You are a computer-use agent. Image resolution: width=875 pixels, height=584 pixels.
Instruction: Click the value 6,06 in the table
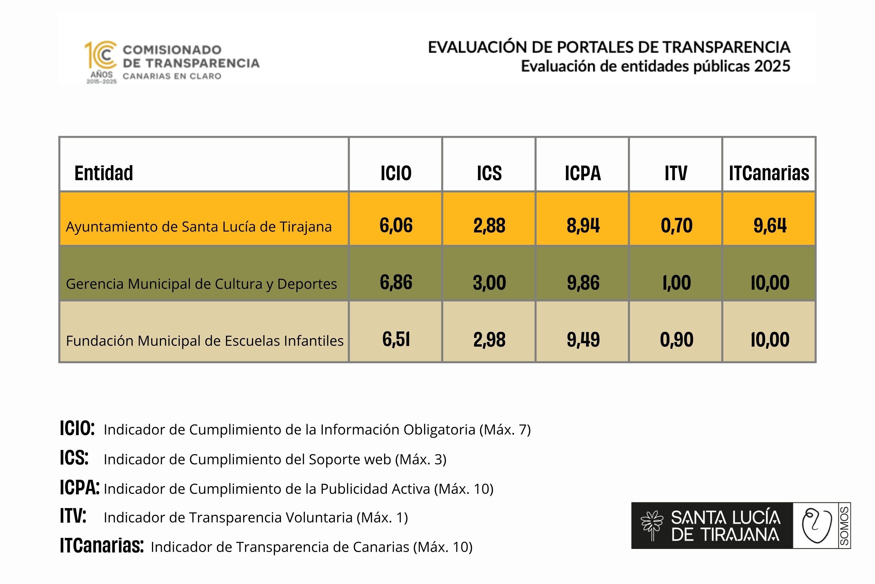[x=396, y=225]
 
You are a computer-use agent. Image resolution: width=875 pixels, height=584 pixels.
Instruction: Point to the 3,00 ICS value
[x=489, y=283]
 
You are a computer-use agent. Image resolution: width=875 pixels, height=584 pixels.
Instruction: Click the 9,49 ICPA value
[x=583, y=340]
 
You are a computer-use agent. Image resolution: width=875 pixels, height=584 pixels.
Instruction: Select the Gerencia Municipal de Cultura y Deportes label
[x=201, y=284]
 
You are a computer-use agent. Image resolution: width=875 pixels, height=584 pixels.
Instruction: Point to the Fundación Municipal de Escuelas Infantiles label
[x=205, y=341]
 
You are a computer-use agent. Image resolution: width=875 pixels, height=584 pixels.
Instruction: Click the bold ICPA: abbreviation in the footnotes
[x=80, y=488]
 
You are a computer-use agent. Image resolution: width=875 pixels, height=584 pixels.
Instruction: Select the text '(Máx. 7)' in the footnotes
[x=505, y=430]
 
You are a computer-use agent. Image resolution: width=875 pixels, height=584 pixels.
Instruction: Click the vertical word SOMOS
[x=844, y=526]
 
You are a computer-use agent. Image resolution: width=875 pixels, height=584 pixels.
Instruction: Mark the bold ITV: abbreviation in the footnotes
[x=73, y=516]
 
